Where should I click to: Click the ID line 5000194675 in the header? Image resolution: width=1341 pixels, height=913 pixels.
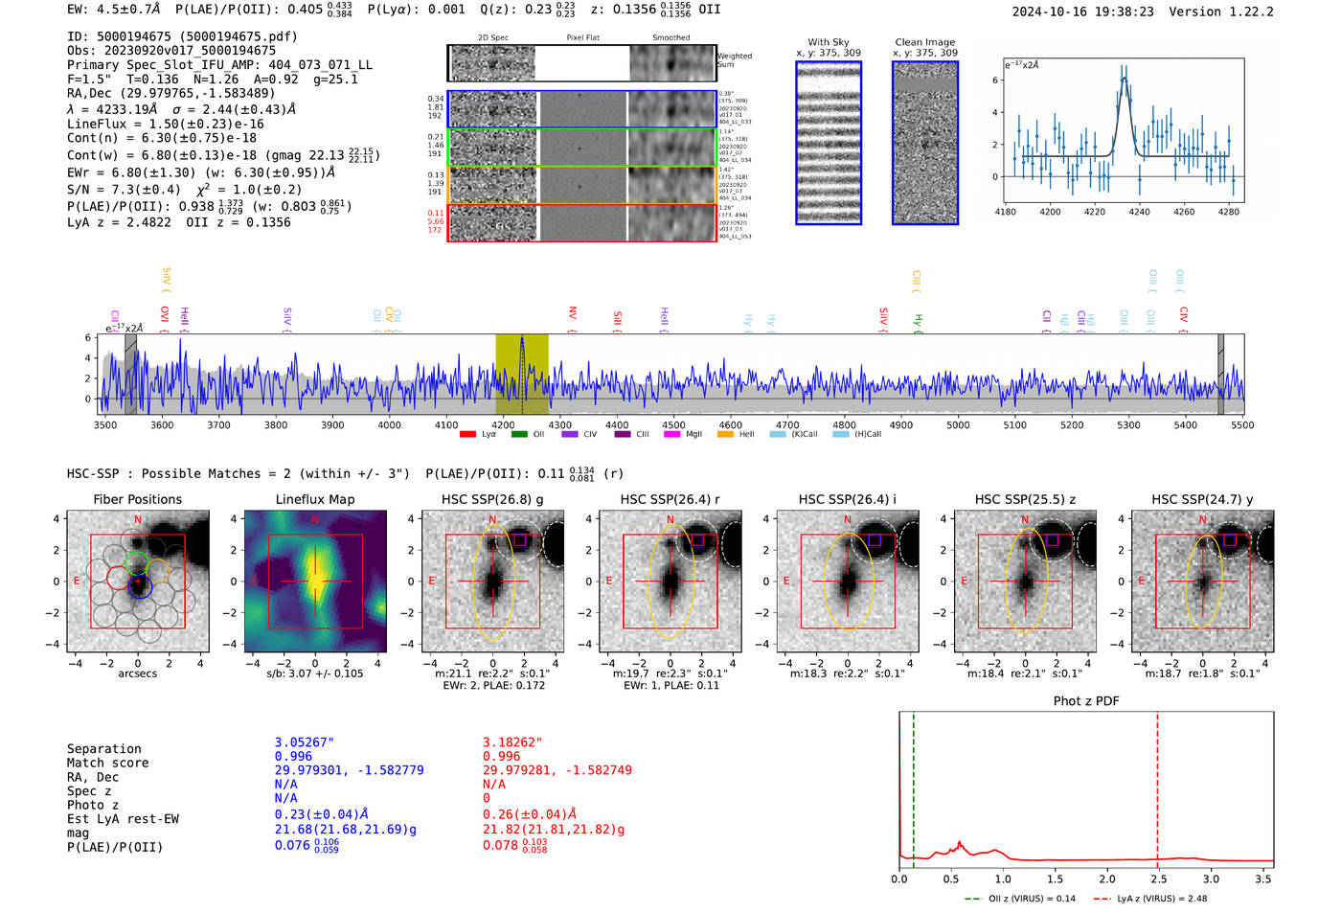pyautogui.click(x=182, y=36)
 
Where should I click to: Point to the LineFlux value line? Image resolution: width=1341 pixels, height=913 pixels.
pyautogui.click(x=165, y=124)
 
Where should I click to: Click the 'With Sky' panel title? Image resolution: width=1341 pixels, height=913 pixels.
pyautogui.click(x=828, y=42)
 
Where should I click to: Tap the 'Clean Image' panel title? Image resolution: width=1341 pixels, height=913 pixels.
pyautogui.click(x=924, y=42)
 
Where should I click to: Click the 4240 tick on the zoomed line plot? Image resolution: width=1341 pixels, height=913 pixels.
pyautogui.click(x=1139, y=212)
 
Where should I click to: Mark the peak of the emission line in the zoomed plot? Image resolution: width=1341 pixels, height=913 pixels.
pyautogui.click(x=1124, y=79)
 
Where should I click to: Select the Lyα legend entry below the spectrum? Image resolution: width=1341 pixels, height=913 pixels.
pyautogui.click(x=479, y=434)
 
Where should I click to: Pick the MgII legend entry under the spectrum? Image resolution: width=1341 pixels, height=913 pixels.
pyautogui.click(x=685, y=434)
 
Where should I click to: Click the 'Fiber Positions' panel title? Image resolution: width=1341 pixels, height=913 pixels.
pyautogui.click(x=137, y=499)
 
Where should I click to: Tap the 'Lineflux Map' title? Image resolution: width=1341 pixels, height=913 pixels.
pyautogui.click(x=314, y=499)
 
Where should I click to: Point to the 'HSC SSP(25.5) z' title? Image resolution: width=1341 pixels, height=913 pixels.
pyautogui.click(x=1025, y=499)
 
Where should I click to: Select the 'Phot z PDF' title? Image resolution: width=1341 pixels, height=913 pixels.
pyautogui.click(x=1086, y=700)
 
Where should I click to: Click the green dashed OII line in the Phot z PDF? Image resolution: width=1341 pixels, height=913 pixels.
pyautogui.click(x=913, y=786)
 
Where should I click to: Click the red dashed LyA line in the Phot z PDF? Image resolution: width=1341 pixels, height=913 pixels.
pyautogui.click(x=1157, y=786)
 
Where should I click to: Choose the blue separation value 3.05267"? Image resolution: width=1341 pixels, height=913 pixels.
pyautogui.click(x=304, y=742)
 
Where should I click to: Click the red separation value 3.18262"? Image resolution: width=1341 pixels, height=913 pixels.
pyautogui.click(x=512, y=742)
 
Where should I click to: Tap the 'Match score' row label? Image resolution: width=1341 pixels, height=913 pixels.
pyautogui.click(x=107, y=763)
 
